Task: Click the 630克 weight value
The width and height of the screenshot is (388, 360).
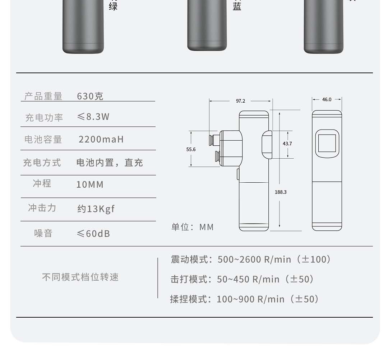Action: tap(90, 96)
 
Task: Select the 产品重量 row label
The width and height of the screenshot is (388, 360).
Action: tap(43, 96)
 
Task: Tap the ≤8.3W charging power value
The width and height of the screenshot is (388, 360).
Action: tap(93, 117)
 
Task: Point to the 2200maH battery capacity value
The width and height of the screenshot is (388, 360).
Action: tap(101, 139)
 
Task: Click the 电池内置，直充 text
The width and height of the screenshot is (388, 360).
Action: tap(110, 163)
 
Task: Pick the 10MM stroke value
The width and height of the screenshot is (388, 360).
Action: tap(90, 184)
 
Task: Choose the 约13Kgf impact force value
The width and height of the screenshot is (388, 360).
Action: tap(96, 209)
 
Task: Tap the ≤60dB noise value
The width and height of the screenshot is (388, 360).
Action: tap(93, 234)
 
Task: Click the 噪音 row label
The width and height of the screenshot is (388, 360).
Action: tap(43, 233)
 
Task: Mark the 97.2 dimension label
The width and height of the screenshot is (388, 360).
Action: tap(240, 101)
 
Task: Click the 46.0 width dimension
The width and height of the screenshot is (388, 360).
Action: tap(327, 99)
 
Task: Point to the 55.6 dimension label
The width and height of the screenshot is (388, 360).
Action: tap(191, 149)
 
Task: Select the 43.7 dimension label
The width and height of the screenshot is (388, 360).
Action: tap(287, 144)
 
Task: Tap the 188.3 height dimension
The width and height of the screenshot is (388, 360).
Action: tap(281, 192)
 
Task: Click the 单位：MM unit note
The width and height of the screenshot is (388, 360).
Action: tap(193, 227)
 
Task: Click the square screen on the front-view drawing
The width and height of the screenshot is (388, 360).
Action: tap(327, 143)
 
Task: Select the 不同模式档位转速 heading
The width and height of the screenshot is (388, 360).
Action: tap(80, 277)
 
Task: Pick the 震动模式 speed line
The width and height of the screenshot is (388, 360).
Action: tap(250, 259)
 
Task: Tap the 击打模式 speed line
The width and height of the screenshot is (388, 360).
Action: tap(242, 279)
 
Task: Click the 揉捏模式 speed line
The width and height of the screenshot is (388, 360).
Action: tap(244, 299)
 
